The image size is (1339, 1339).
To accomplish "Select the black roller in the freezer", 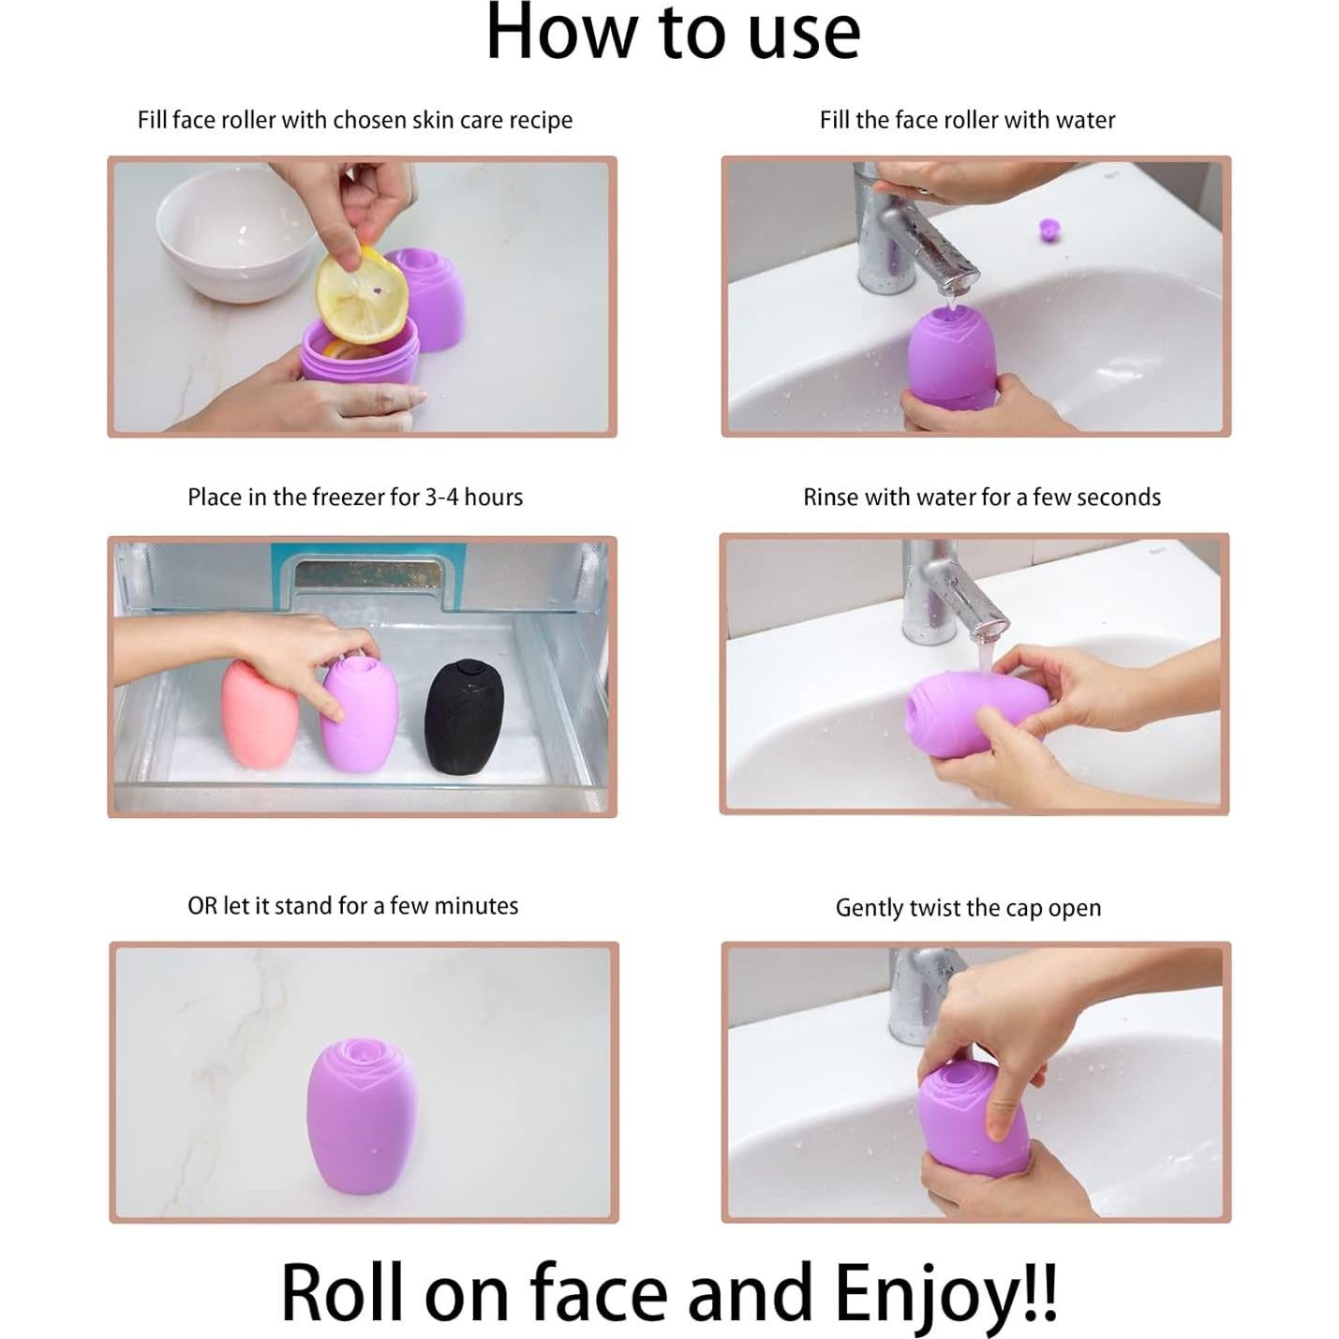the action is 462,717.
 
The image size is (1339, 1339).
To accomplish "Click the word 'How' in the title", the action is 561,31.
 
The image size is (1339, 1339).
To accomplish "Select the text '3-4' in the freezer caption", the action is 440,498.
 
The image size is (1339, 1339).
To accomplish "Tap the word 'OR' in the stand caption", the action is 202,906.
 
